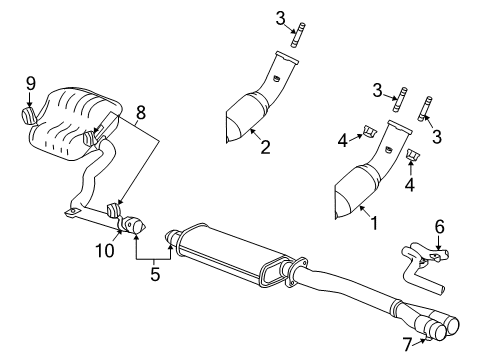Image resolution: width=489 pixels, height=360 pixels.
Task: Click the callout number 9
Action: pyautogui.click(x=29, y=84)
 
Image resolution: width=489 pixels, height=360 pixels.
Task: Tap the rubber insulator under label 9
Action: pyautogui.click(x=29, y=117)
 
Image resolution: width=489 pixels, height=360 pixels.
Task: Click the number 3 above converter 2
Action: pyautogui.click(x=281, y=17)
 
